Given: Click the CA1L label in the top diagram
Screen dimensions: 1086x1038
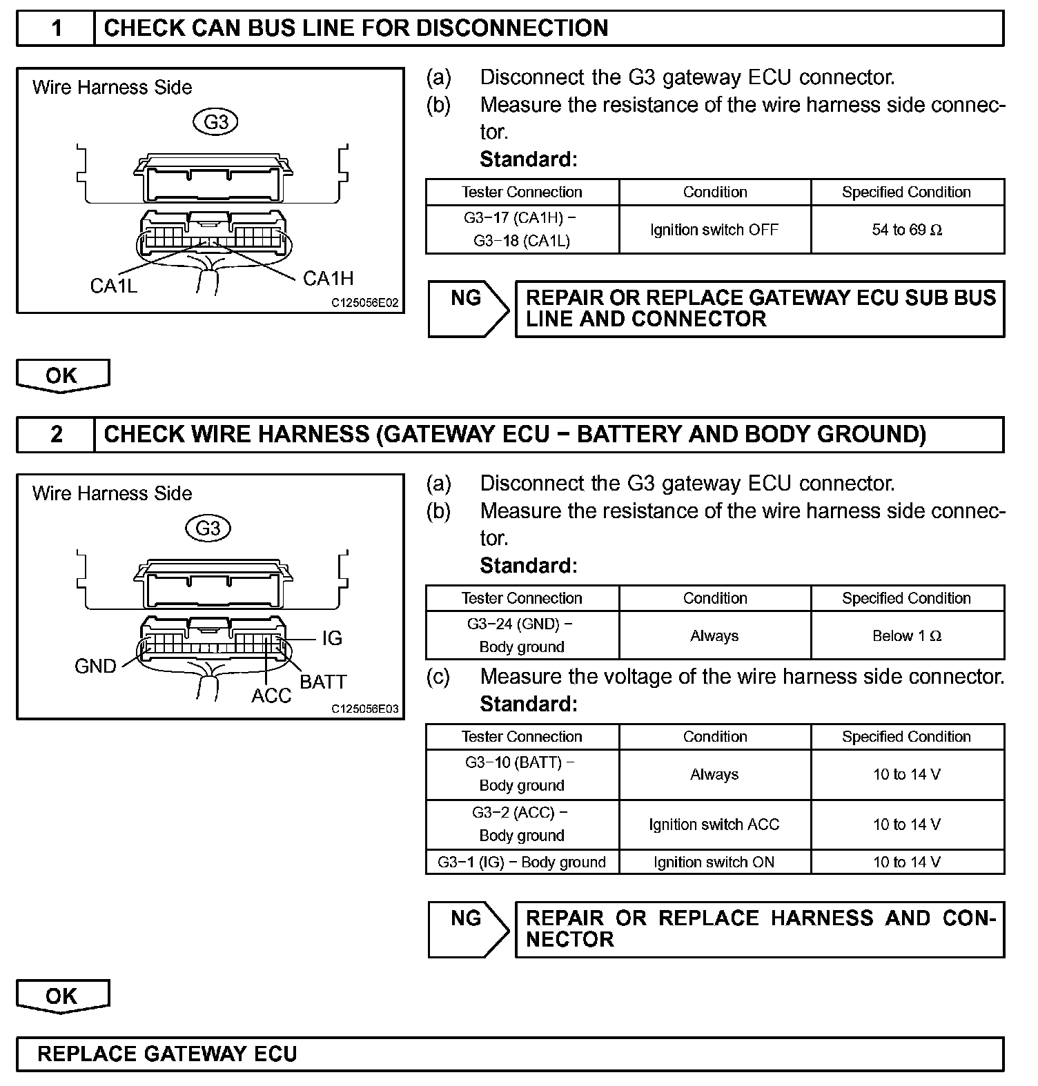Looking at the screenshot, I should pyautogui.click(x=114, y=285).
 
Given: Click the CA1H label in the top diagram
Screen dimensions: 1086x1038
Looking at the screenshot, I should pyautogui.click(x=328, y=278).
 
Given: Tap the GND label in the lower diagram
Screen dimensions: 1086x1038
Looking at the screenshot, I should pyautogui.click(x=95, y=666).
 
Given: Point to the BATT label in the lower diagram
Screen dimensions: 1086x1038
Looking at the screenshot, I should pyautogui.click(x=323, y=682).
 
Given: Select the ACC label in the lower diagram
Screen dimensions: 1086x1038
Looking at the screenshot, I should pyautogui.click(x=271, y=695).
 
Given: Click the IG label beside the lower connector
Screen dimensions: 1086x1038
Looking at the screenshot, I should pyautogui.click(x=332, y=638).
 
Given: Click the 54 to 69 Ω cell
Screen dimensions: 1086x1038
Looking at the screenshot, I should pyautogui.click(x=907, y=230).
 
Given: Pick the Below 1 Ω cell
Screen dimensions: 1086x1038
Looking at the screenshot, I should pyautogui.click(x=907, y=635).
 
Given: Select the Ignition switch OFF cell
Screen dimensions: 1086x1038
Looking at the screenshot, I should pyautogui.click(x=714, y=230).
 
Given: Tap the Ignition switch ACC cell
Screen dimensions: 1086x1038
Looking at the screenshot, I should pyautogui.click(x=714, y=825).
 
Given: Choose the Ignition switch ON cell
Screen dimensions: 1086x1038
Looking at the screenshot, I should pyautogui.click(x=714, y=862).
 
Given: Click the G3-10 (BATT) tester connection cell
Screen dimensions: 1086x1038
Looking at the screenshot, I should pyautogui.click(x=522, y=774).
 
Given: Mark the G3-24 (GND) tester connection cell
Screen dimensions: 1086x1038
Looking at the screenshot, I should pyautogui.click(x=522, y=635).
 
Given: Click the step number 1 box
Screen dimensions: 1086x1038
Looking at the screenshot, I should pyautogui.click(x=56, y=28).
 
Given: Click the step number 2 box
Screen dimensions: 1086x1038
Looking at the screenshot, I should pyautogui.click(x=56, y=434).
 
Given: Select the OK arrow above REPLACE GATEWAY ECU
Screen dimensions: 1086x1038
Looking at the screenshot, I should pyautogui.click(x=63, y=996).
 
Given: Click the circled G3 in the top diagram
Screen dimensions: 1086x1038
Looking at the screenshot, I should pyautogui.click(x=216, y=122).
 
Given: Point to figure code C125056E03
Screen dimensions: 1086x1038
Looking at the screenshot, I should pyautogui.click(x=364, y=709).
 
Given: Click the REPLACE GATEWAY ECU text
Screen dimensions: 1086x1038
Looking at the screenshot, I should pyautogui.click(x=167, y=1054).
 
